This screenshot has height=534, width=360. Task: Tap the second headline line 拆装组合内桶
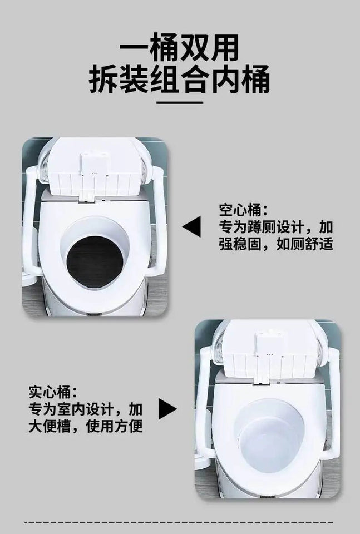[x=180, y=81]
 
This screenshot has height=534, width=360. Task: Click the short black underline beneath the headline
[x=180, y=103]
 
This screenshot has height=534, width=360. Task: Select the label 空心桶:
[x=243, y=210]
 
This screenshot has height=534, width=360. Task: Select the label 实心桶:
[x=53, y=393]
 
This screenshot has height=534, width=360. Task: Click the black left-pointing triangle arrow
[x=191, y=227]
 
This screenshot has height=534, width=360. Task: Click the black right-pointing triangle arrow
[x=167, y=409]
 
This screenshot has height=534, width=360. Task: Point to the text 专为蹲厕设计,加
[x=276, y=227]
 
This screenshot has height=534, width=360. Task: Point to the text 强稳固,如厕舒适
[x=276, y=244]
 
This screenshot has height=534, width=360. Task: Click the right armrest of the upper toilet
[x=159, y=222]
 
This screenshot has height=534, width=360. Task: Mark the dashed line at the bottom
[x=180, y=522]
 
